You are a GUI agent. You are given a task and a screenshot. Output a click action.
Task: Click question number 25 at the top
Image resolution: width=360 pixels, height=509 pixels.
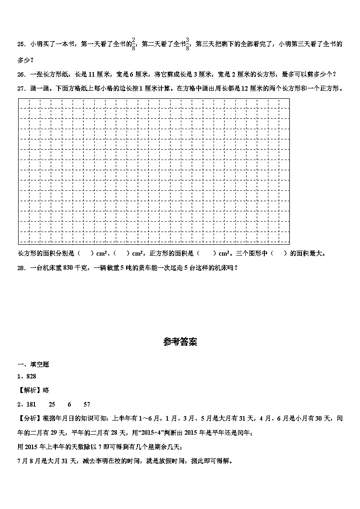coord(21,44)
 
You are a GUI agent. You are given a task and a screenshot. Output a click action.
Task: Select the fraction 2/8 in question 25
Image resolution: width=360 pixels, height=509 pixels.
coord(133,44)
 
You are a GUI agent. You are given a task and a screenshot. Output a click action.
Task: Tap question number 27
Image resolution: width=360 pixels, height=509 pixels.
coord(21,88)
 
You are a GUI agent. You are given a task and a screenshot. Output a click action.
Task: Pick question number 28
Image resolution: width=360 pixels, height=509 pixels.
coord(21,268)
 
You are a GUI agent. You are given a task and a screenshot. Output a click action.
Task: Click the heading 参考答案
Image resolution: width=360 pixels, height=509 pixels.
coord(180,342)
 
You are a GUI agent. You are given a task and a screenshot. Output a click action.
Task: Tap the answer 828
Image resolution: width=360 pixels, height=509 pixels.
coord(31,376)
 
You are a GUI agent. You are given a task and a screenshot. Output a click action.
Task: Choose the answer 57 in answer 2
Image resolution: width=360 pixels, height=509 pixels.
coord(87,404)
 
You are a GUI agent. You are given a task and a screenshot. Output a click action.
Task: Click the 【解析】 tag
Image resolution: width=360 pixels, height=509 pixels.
coord(27,390)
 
